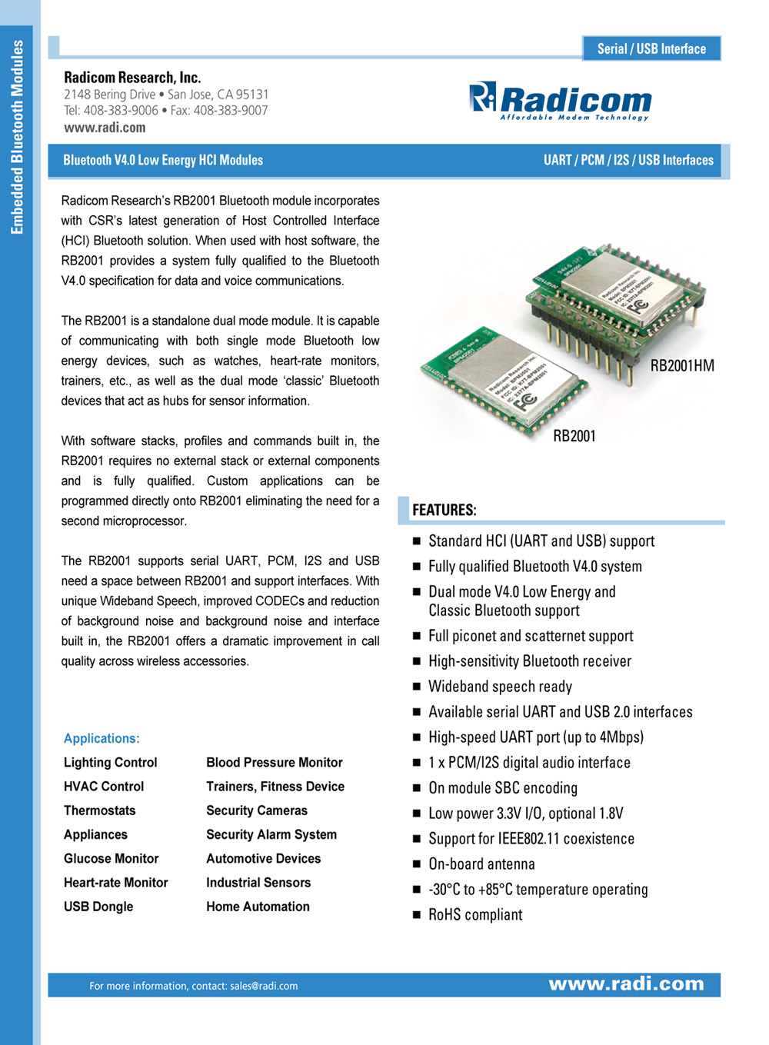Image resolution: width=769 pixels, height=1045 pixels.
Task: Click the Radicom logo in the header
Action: pyautogui.click(x=561, y=101)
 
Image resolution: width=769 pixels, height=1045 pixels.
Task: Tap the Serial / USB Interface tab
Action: pyautogui.click(x=651, y=48)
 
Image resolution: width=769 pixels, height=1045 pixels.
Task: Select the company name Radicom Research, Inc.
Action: pyautogui.click(x=132, y=77)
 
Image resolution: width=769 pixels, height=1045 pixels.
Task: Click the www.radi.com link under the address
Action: pyautogui.click(x=105, y=128)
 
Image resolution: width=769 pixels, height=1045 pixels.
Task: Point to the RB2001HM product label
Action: pyautogui.click(x=682, y=365)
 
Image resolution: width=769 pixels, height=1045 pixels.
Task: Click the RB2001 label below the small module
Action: pyautogui.click(x=574, y=436)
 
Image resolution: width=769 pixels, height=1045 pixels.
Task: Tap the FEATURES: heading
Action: pyautogui.click(x=444, y=510)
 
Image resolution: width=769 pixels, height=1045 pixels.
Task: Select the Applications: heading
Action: pyautogui.click(x=102, y=738)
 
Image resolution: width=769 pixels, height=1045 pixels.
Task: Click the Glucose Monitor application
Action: pyautogui.click(x=112, y=858)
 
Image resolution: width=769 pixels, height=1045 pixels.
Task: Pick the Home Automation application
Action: pyautogui.click(x=258, y=907)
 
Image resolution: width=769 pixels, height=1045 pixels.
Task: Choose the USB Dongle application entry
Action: pyautogui.click(x=98, y=907)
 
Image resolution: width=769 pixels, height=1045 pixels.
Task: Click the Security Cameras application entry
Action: pyautogui.click(x=257, y=810)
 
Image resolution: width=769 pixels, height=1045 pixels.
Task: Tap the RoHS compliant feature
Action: pyautogui.click(x=475, y=914)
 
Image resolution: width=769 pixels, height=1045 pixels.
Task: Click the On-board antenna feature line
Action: pyautogui.click(x=481, y=864)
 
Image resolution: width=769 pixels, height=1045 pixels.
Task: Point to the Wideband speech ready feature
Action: pyautogui.click(x=500, y=686)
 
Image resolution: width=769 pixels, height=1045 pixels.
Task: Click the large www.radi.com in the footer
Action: pyautogui.click(x=626, y=984)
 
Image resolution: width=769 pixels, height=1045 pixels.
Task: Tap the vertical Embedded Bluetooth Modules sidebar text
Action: pyautogui.click(x=17, y=137)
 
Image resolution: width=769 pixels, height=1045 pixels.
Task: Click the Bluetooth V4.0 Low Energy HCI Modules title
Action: pyautogui.click(x=163, y=160)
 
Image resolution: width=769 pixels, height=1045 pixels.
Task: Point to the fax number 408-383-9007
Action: pyautogui.click(x=231, y=111)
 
